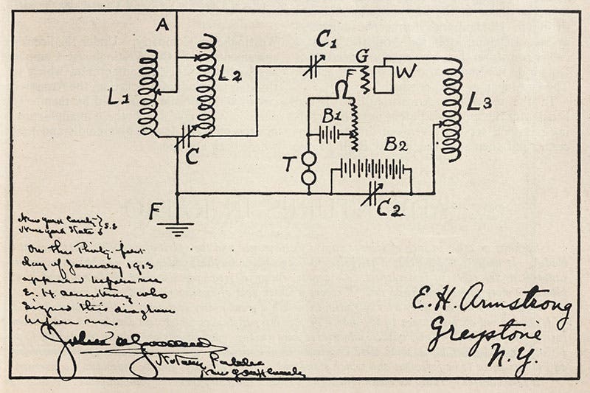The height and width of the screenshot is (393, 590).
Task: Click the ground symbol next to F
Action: tap(176, 226)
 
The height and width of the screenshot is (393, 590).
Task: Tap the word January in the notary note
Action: tap(82, 266)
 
